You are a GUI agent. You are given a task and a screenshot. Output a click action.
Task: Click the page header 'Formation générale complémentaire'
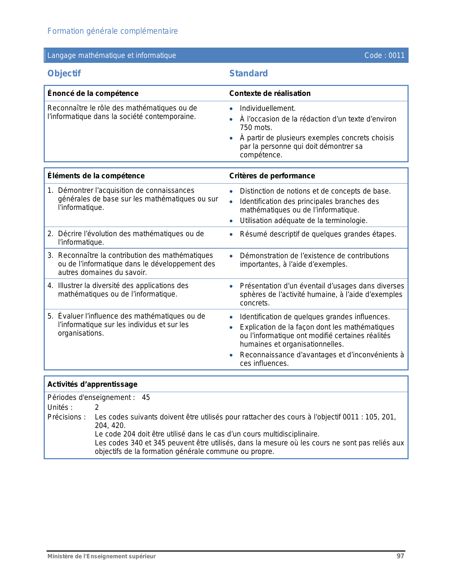click(113, 31)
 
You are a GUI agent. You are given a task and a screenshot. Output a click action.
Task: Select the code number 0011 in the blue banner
click(397, 55)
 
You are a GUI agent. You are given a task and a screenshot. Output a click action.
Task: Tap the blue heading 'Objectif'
click(64, 74)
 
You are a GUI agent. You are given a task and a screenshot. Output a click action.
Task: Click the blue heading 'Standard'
click(248, 74)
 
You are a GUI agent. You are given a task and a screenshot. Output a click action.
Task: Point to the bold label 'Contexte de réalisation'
click(270, 93)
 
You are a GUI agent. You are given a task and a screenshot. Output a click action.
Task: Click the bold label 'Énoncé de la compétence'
click(93, 93)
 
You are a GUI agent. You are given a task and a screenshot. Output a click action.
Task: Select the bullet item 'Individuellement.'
click(268, 109)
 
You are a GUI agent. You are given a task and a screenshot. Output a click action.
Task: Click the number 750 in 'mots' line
click(246, 127)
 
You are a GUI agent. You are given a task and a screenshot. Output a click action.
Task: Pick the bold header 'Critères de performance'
click(272, 176)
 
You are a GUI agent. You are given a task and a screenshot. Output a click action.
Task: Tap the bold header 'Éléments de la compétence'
click(96, 176)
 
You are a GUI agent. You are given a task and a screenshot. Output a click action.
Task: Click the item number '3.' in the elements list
click(50, 255)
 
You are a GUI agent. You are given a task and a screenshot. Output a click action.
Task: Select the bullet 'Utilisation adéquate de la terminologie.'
click(303, 221)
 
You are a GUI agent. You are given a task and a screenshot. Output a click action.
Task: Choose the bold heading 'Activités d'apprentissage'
click(92, 384)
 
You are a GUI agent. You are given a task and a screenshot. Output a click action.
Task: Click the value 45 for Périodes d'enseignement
click(146, 397)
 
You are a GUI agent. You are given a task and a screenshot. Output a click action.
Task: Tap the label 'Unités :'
click(60, 407)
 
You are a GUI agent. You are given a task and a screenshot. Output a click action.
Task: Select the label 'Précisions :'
click(66, 417)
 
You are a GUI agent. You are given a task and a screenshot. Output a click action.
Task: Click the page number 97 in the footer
click(400, 556)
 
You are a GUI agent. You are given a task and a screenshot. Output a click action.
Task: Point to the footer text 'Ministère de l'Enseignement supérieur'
click(102, 557)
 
